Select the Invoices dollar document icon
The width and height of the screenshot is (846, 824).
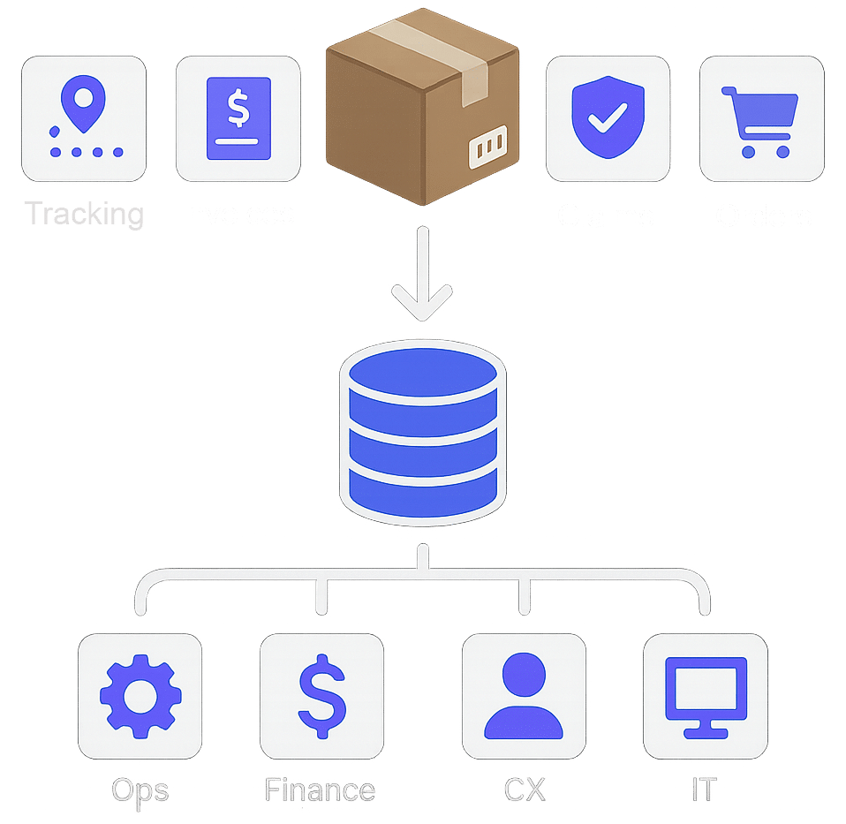[x=238, y=118]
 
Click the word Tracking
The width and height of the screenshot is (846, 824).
[x=83, y=214]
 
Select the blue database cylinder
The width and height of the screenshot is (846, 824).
[x=422, y=429]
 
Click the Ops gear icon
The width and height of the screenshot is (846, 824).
[x=140, y=695]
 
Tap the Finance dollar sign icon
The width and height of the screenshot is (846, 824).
[x=321, y=695]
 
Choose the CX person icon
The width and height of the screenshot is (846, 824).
[x=524, y=695]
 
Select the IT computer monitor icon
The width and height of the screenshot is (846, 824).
[x=705, y=695]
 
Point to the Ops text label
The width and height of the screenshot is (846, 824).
[x=140, y=790]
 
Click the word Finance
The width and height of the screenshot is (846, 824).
[x=320, y=790]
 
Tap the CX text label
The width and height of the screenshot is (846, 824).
[x=524, y=790]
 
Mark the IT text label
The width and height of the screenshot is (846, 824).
[x=704, y=790]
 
